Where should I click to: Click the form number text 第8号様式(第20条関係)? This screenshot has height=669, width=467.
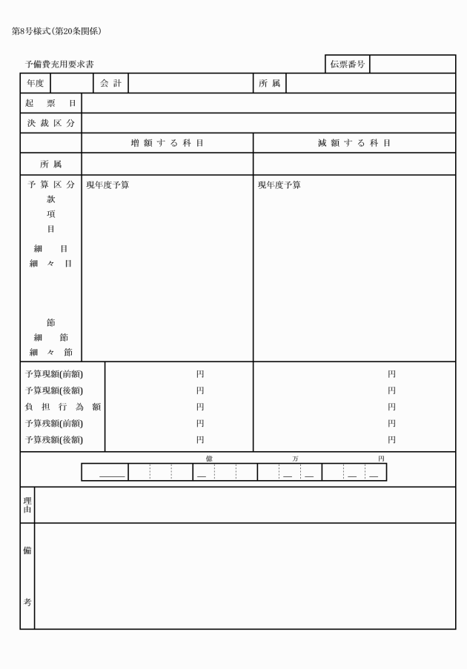[x=56, y=31]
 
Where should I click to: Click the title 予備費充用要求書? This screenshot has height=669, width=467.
[x=59, y=65]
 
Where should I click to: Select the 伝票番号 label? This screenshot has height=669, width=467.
[x=347, y=64]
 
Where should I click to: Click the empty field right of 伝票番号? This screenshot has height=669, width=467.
[x=412, y=64]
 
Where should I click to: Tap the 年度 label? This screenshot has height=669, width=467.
[x=35, y=84]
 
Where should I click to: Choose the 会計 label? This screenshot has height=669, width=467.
[x=110, y=84]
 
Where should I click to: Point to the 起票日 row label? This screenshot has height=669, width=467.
[x=50, y=103]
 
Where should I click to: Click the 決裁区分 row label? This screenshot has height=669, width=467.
[x=50, y=123]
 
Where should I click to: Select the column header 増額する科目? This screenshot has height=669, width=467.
[x=167, y=143]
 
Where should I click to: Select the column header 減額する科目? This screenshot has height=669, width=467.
[x=354, y=143]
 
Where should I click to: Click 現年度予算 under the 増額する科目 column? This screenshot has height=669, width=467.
[x=107, y=185]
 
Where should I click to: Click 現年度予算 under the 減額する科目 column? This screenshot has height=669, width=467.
[x=279, y=185]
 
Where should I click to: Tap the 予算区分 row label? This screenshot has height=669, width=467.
[x=50, y=185]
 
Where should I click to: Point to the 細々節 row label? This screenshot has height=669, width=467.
[x=50, y=352]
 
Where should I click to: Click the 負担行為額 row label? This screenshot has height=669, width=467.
[x=62, y=407]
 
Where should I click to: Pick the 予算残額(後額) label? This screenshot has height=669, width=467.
[x=53, y=440]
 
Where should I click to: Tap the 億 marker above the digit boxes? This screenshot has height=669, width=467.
[x=209, y=459]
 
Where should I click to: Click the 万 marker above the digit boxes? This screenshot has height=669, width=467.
[x=295, y=459]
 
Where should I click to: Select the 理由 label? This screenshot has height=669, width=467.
[x=27, y=505]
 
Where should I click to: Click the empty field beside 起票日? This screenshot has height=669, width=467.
[x=268, y=103]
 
